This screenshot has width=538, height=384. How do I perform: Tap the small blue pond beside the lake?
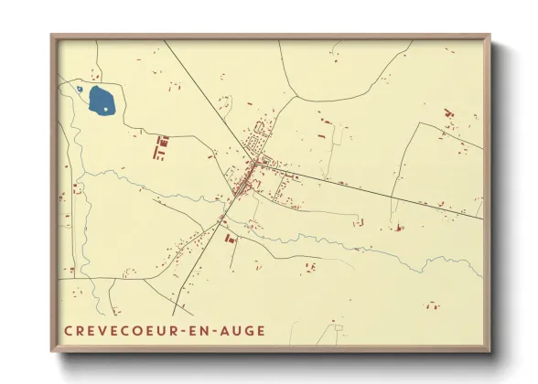[80, 90]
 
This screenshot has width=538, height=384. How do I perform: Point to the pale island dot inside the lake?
[106, 109]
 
